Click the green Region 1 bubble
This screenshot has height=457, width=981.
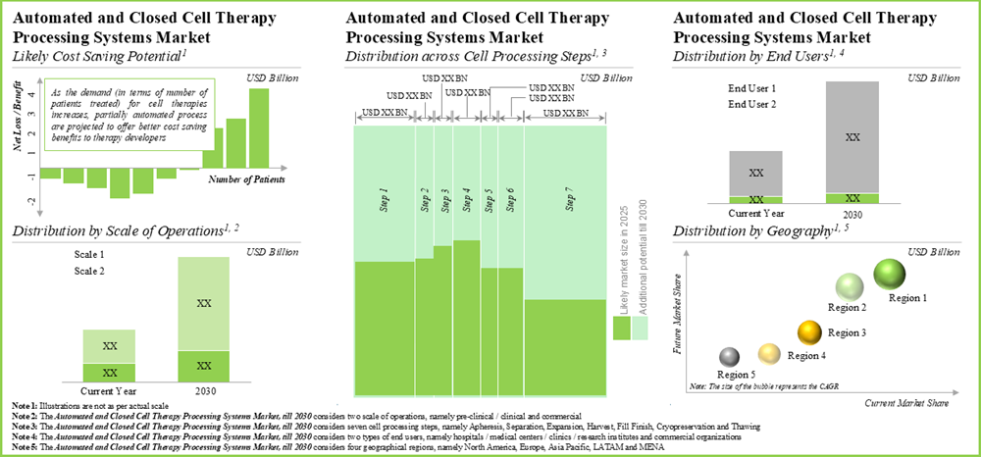tap(889, 275)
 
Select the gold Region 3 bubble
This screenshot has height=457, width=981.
tap(809, 330)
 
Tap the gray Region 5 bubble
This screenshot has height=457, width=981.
tap(729, 357)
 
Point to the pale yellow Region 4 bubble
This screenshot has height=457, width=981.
tap(770, 352)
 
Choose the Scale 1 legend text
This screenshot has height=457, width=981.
tap(89, 254)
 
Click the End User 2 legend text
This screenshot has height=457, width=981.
tap(753, 103)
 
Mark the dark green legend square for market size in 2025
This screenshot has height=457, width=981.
tap(620, 330)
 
